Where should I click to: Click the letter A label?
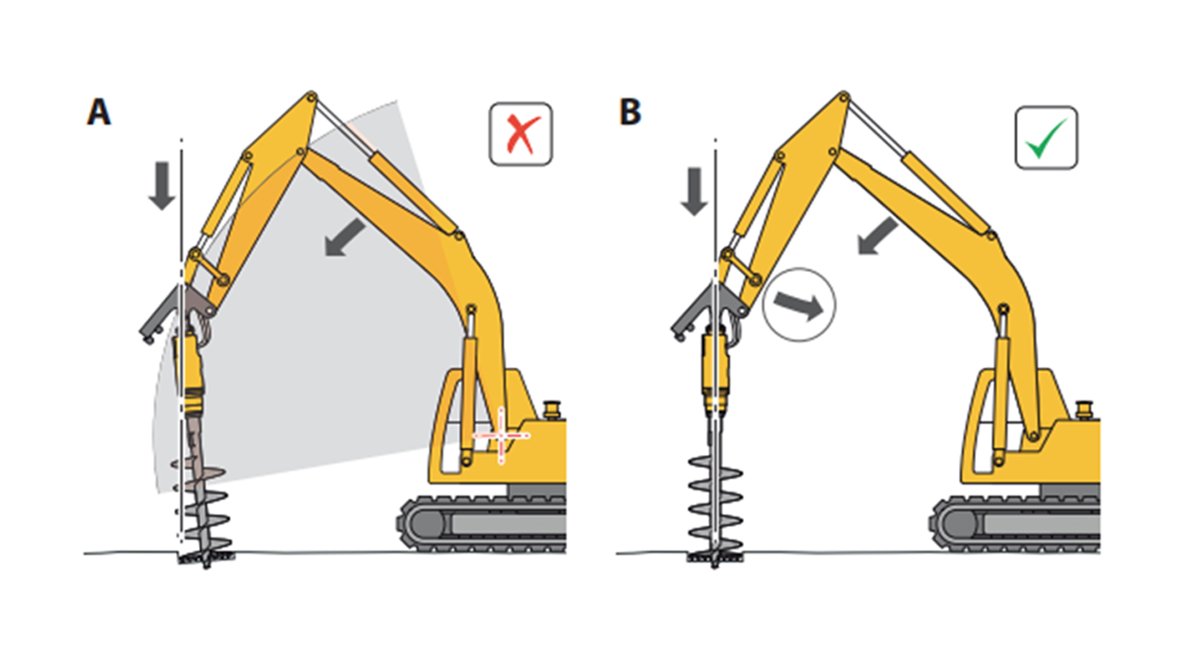click(99, 112)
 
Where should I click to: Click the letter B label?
click(630, 112)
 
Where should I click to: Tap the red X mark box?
click(520, 134)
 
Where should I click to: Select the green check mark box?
click(1046, 137)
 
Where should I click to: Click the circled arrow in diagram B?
click(799, 305)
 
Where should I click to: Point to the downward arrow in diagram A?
click(162, 185)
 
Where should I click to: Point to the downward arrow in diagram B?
click(694, 191)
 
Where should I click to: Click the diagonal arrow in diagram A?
click(345, 237)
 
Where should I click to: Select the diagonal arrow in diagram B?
click(878, 236)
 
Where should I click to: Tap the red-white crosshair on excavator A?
click(501, 435)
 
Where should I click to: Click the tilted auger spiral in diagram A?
click(202, 509)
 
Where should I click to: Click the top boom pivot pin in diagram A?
click(311, 97)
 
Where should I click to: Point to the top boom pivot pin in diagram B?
click(844, 97)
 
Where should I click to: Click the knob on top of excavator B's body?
click(1084, 410)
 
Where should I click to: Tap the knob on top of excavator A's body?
click(551, 410)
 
